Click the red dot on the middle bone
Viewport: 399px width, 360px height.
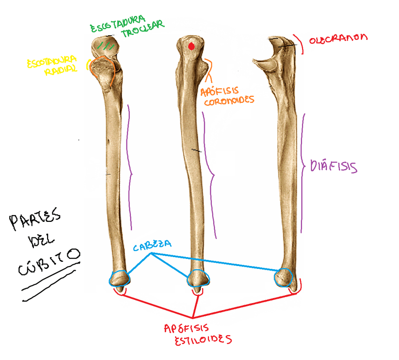click(x=191, y=46)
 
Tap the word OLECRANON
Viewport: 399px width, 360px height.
click(x=338, y=39)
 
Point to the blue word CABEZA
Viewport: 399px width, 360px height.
click(x=152, y=245)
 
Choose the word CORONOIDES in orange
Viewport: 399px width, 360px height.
click(x=226, y=100)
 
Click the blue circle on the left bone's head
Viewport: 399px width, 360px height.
click(x=119, y=279)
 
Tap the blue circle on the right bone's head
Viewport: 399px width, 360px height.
click(x=284, y=277)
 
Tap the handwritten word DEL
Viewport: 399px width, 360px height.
click(x=42, y=242)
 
